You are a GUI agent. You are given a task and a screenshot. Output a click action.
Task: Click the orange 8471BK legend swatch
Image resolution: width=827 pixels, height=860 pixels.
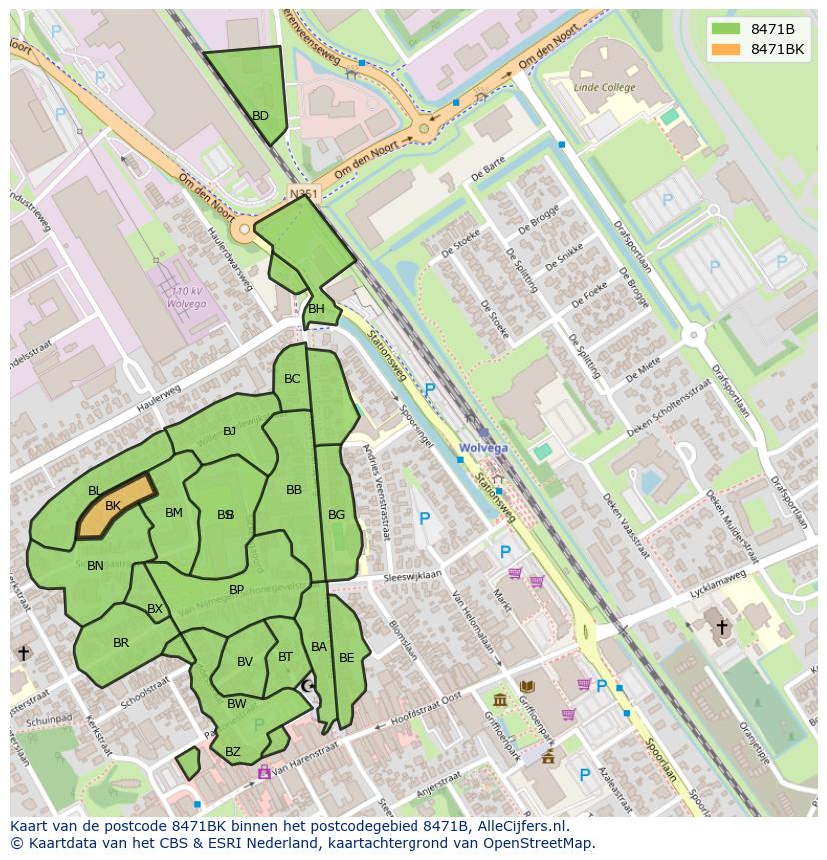726,49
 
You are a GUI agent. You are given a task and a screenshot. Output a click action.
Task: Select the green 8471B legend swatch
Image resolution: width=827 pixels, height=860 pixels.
726,29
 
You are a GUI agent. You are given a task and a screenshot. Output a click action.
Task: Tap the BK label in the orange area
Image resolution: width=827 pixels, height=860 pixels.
113,506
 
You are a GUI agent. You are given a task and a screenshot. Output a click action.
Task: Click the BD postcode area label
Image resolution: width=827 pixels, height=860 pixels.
260,116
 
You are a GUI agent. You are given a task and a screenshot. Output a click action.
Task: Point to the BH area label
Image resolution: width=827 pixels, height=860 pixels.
316,309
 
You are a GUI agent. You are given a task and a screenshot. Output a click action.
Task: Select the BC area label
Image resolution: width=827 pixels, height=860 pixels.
292,379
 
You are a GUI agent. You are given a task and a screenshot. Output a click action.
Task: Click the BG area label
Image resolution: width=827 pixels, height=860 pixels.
336,515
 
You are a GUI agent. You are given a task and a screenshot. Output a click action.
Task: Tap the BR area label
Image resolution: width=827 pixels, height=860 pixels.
121,643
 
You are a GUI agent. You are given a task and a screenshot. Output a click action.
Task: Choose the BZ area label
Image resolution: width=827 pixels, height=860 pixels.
233,752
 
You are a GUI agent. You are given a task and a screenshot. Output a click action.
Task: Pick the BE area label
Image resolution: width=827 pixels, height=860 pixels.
346,658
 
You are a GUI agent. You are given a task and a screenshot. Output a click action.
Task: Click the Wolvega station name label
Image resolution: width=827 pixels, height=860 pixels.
483,448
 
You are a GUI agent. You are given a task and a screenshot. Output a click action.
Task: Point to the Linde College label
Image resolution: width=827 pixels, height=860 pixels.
604,88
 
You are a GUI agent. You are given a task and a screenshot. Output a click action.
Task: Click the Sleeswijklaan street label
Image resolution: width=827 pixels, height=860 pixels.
413,577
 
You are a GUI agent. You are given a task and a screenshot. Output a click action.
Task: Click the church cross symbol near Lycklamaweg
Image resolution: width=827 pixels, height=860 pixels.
722,627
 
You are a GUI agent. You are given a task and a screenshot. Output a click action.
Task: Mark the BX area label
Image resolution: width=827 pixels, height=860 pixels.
155,609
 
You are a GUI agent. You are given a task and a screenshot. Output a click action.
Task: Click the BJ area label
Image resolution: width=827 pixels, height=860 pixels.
229,431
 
